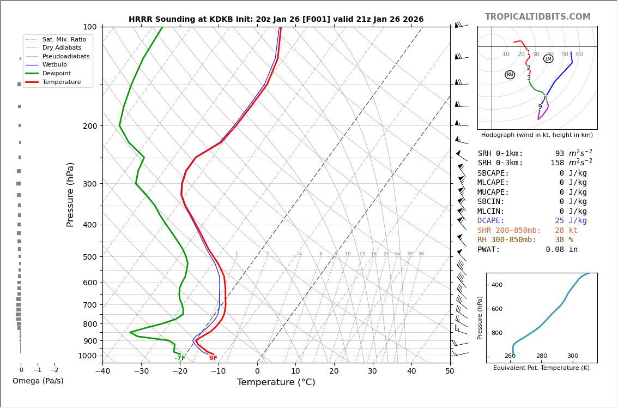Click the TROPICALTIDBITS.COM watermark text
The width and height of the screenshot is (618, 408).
537,17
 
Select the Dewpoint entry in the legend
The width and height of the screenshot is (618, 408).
56,73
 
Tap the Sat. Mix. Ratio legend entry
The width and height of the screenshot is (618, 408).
64,39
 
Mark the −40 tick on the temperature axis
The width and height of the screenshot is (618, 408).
102,371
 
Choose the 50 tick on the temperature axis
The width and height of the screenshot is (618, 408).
450,371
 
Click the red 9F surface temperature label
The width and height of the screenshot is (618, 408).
213,358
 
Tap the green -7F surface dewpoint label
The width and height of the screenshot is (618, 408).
180,358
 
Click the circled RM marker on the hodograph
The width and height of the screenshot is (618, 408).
510,75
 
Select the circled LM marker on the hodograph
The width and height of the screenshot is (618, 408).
548,59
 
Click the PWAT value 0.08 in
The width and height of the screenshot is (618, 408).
561,250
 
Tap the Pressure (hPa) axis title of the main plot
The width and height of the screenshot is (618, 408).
70,194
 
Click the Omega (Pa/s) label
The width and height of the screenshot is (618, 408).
38,381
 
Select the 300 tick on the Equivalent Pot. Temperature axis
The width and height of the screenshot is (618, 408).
572,356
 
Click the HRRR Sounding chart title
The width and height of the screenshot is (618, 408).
276,20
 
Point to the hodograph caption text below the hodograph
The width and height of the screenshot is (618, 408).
537,135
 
